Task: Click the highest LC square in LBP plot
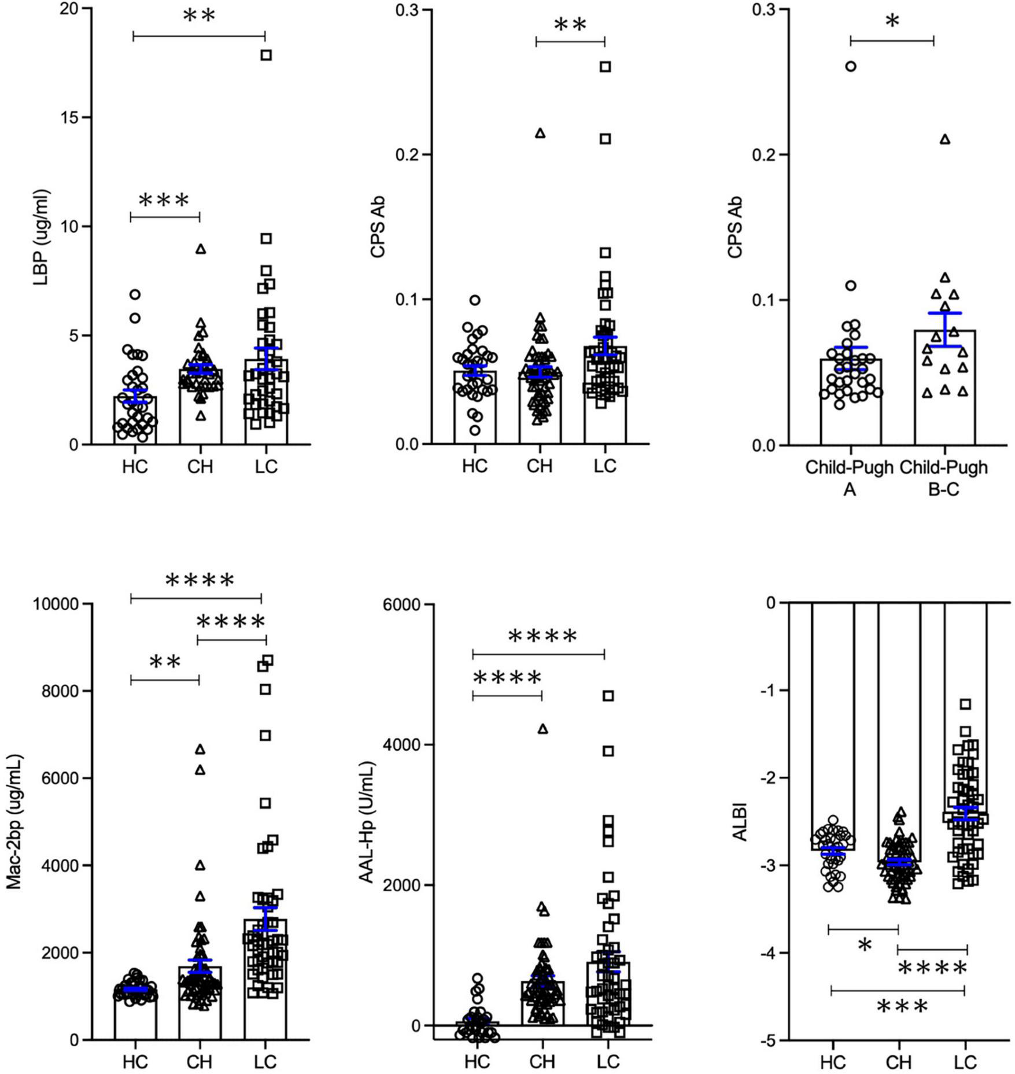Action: click(266, 55)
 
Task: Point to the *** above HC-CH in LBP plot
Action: click(164, 201)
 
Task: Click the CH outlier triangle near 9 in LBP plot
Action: click(201, 249)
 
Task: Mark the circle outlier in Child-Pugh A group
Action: click(850, 67)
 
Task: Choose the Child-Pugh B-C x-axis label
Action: click(944, 478)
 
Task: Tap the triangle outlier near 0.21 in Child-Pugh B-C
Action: click(945, 139)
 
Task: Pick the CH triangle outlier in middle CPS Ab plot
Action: click(540, 134)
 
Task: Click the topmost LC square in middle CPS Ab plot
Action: click(605, 67)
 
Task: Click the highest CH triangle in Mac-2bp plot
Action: click(200, 749)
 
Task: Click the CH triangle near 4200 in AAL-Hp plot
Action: click(542, 729)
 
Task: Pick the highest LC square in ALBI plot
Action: click(965, 704)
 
